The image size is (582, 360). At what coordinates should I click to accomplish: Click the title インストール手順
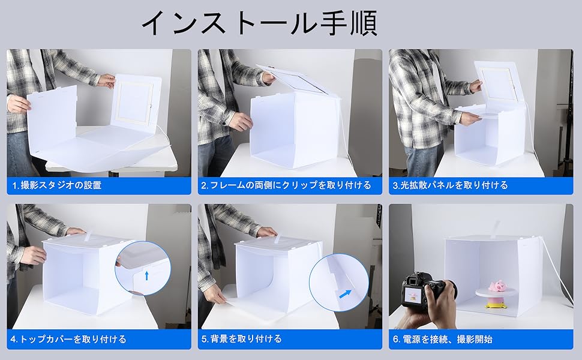tap(259, 23)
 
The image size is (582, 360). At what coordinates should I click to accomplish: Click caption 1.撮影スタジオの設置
tap(57, 185)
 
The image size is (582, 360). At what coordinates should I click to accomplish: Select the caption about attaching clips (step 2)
tap(286, 185)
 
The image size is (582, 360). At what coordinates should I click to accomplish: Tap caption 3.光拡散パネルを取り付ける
tap(450, 185)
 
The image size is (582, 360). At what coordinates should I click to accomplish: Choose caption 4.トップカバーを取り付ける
tap(68, 339)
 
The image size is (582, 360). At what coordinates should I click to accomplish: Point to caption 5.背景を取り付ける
tap(242, 339)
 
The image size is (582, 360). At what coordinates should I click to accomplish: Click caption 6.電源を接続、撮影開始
tap(442, 339)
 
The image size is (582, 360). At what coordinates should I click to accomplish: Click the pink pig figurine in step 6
tap(496, 287)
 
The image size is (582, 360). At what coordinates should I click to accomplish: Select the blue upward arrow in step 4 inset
tap(146, 275)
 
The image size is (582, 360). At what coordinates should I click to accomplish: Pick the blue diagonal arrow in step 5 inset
tap(345, 294)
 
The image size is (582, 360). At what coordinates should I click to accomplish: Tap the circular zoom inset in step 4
tap(143, 268)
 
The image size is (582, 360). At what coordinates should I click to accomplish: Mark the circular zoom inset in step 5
tap(339, 283)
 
